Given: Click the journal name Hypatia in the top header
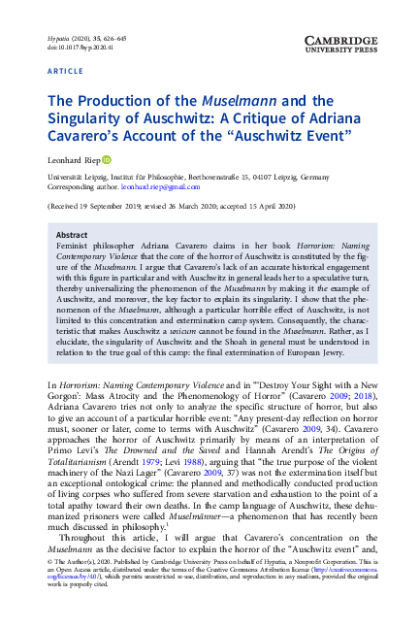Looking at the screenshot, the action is (x=58, y=36).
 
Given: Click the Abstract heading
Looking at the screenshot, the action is (x=72, y=235).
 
